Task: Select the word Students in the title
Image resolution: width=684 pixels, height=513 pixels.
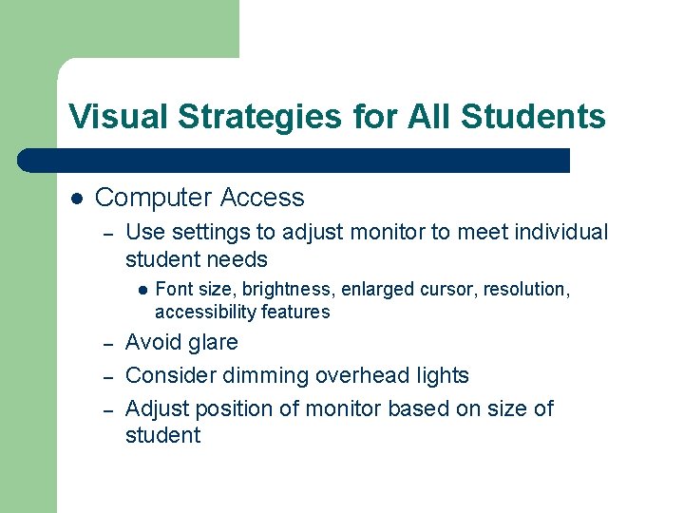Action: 533,117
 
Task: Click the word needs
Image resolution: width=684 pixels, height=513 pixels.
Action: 237,259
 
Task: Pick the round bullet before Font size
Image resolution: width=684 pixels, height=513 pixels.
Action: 139,289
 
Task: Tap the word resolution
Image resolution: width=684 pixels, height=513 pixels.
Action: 526,289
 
